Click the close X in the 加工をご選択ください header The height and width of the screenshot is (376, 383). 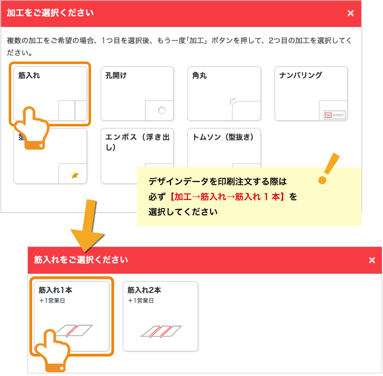350,13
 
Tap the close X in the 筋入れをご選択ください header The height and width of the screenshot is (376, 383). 372,260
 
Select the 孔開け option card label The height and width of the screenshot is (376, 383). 116,76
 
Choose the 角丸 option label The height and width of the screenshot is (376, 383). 199,76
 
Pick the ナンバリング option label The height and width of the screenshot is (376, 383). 301,75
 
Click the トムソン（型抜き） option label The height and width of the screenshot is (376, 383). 223,137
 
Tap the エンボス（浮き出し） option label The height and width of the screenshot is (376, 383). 137,142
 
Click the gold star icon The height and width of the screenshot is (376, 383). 75,175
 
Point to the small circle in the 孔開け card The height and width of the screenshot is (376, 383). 162,110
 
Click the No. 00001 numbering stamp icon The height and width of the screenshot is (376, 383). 335,115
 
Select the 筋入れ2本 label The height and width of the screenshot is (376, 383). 144,290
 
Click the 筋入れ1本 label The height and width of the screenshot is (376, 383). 55,290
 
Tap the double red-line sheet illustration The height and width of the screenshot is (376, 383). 161,331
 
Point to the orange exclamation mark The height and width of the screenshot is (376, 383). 328,168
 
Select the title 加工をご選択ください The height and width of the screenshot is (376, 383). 50,13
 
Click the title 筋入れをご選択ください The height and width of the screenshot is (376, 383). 81,260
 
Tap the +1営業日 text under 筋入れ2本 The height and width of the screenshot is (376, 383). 141,300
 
